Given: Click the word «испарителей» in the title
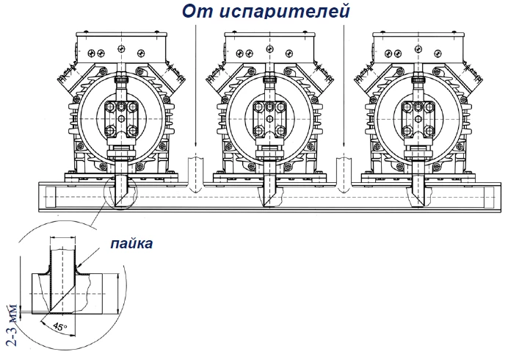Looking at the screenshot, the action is point(285,11).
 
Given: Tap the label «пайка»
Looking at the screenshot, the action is point(131,243).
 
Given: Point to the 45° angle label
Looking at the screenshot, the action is point(59,326).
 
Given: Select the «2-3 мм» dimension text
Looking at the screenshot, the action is point(12,325).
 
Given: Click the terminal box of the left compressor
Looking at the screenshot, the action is point(121,48).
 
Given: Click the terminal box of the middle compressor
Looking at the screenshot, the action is point(269,48).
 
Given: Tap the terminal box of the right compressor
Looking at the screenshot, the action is point(418,48).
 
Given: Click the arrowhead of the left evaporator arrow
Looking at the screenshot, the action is point(195,143).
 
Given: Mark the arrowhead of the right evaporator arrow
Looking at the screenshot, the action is point(344,143).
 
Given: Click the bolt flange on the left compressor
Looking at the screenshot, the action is point(121,118).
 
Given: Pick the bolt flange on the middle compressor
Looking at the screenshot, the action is point(269,118).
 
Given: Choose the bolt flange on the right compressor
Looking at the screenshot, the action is point(418,118).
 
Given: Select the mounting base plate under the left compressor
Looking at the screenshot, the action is point(121,177).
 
